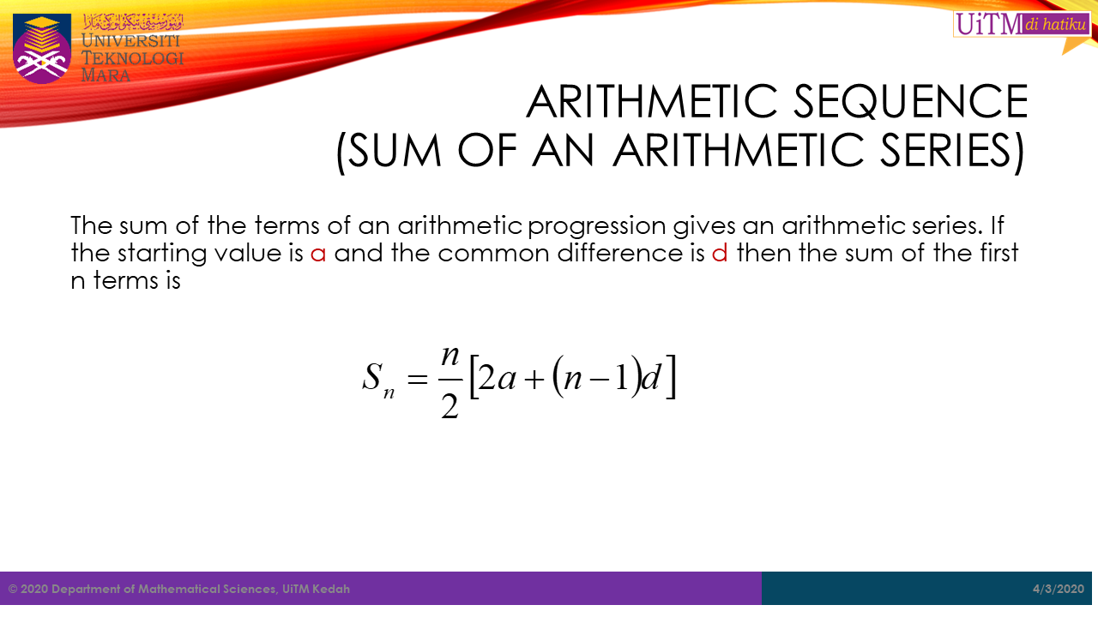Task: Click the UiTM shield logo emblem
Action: [x=42, y=48]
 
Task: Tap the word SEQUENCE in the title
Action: [x=911, y=101]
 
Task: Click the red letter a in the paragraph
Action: [x=318, y=254]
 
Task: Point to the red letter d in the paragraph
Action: [x=720, y=253]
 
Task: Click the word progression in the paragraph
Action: [x=596, y=227]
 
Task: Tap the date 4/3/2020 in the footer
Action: [x=1059, y=589]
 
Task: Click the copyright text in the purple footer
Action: [x=179, y=589]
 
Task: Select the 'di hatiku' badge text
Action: [x=1055, y=24]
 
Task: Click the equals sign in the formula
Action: [x=417, y=379]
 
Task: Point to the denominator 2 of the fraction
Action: [x=449, y=406]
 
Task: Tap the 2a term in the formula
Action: [x=497, y=378]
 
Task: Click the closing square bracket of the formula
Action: [x=671, y=376]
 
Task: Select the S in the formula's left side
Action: [x=371, y=376]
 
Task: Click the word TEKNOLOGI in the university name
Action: [x=132, y=57]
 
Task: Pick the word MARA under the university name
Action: [x=106, y=75]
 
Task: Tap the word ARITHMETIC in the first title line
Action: [x=652, y=101]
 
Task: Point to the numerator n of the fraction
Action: [x=450, y=356]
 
